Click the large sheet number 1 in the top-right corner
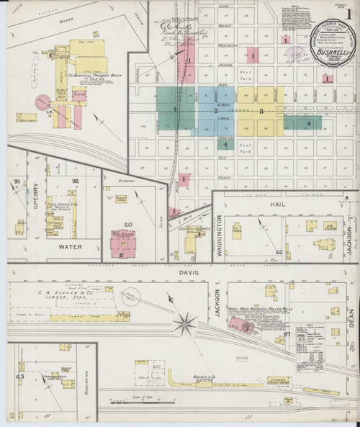(347, 14)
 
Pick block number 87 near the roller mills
(286, 335)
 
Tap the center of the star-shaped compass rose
(186, 315)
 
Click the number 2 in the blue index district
(215, 109)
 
